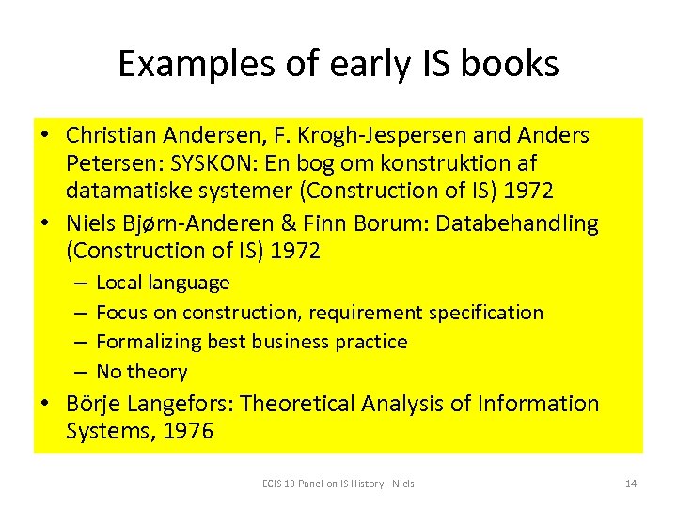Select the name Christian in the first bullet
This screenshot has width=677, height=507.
point(109,135)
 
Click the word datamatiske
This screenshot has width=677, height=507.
point(123,192)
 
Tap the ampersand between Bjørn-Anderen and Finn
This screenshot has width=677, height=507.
point(298,224)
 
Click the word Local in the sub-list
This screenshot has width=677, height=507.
point(118,283)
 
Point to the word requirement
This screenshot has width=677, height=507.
point(361,313)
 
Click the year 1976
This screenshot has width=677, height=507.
point(186,432)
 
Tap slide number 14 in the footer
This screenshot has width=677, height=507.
point(630,484)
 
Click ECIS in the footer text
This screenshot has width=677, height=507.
point(273,484)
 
